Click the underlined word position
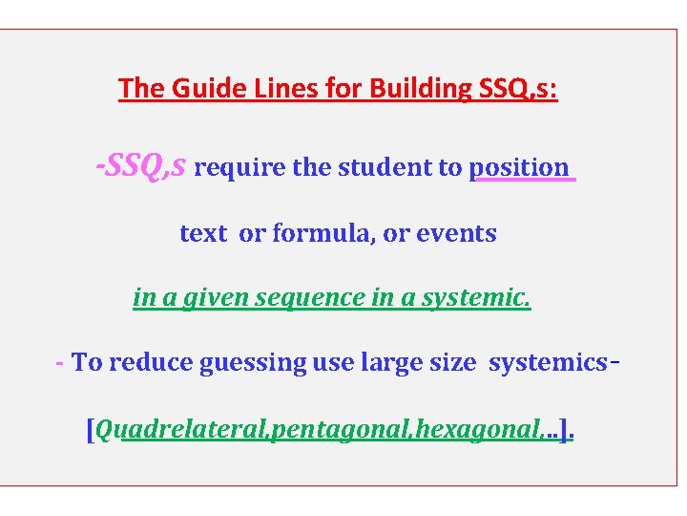(519, 168)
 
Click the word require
(240, 168)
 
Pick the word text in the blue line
(203, 233)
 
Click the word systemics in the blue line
(548, 363)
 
